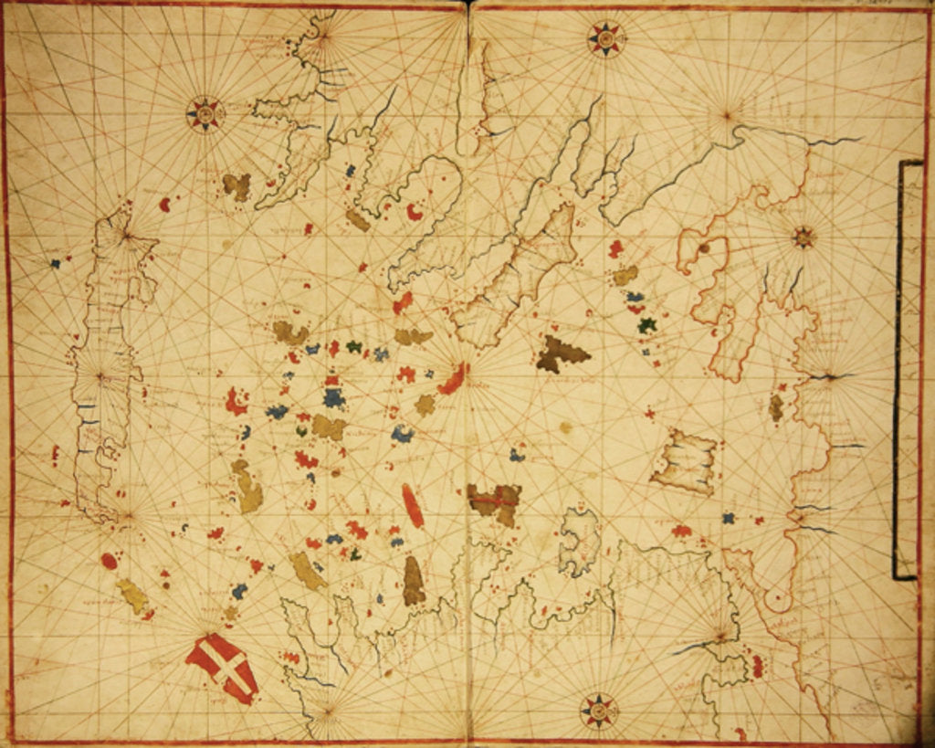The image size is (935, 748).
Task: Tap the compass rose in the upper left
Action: tap(205, 113)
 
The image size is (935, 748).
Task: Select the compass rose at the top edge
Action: tap(604, 37)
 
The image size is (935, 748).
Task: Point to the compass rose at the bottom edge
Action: tap(598, 710)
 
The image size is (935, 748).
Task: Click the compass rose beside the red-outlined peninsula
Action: tap(804, 237)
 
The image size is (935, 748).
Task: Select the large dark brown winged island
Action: tap(559, 354)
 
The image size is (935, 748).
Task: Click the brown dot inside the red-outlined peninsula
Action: tap(704, 248)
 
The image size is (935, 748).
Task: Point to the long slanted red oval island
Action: tap(413, 505)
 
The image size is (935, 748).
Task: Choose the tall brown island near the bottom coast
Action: tap(414, 581)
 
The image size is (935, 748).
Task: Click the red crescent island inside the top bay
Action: tap(415, 212)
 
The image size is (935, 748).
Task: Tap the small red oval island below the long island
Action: tap(109, 561)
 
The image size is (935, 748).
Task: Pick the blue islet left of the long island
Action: tap(55, 263)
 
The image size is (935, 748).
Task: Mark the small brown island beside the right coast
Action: tap(776, 407)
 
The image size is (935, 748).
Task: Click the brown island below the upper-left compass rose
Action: tap(236, 186)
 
